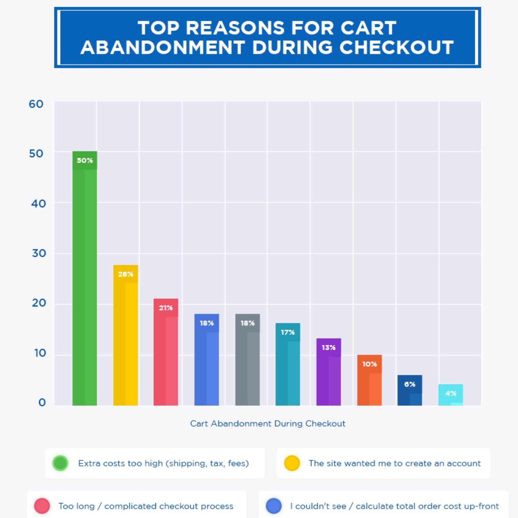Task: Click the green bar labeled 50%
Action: tap(84, 278)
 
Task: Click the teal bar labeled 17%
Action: tap(288, 365)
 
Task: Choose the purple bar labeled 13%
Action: tap(329, 372)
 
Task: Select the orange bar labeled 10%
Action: tap(369, 380)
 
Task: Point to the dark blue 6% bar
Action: tap(410, 390)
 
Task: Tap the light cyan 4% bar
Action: tap(451, 395)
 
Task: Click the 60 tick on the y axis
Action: tap(36, 104)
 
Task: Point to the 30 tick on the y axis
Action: tap(39, 253)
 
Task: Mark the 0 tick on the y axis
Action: tap(42, 402)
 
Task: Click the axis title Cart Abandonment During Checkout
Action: tap(268, 423)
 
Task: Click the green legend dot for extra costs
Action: tap(60, 463)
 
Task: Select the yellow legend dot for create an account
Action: tap(292, 463)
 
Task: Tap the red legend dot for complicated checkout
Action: tap(42, 506)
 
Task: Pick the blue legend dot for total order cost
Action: tap(274, 506)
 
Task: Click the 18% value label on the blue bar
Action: tap(207, 323)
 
